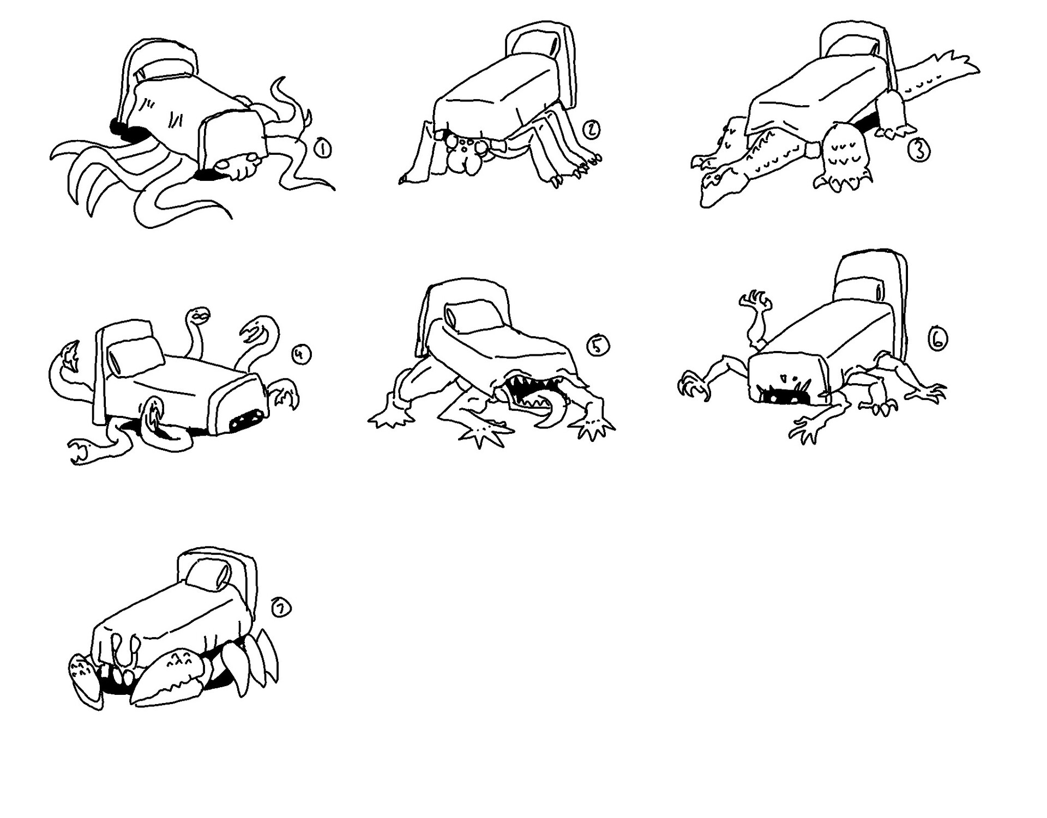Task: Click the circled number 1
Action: (322, 149)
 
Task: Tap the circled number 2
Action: (591, 129)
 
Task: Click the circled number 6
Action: (937, 340)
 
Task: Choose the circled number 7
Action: (281, 609)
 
